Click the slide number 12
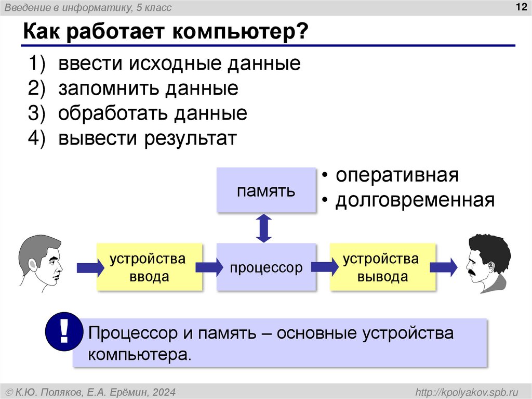pyautogui.click(x=520, y=6)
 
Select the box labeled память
pyautogui.click(x=266, y=190)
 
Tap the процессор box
pyautogui.click(x=266, y=267)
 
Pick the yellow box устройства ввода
pyautogui.click(x=149, y=267)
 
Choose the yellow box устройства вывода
pyautogui.click(x=382, y=267)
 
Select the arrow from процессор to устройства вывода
pyautogui.click(x=324, y=267)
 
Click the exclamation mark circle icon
pyautogui.click(x=64, y=331)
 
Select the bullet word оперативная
pyautogui.click(x=397, y=175)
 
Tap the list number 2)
pyautogui.click(x=37, y=88)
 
